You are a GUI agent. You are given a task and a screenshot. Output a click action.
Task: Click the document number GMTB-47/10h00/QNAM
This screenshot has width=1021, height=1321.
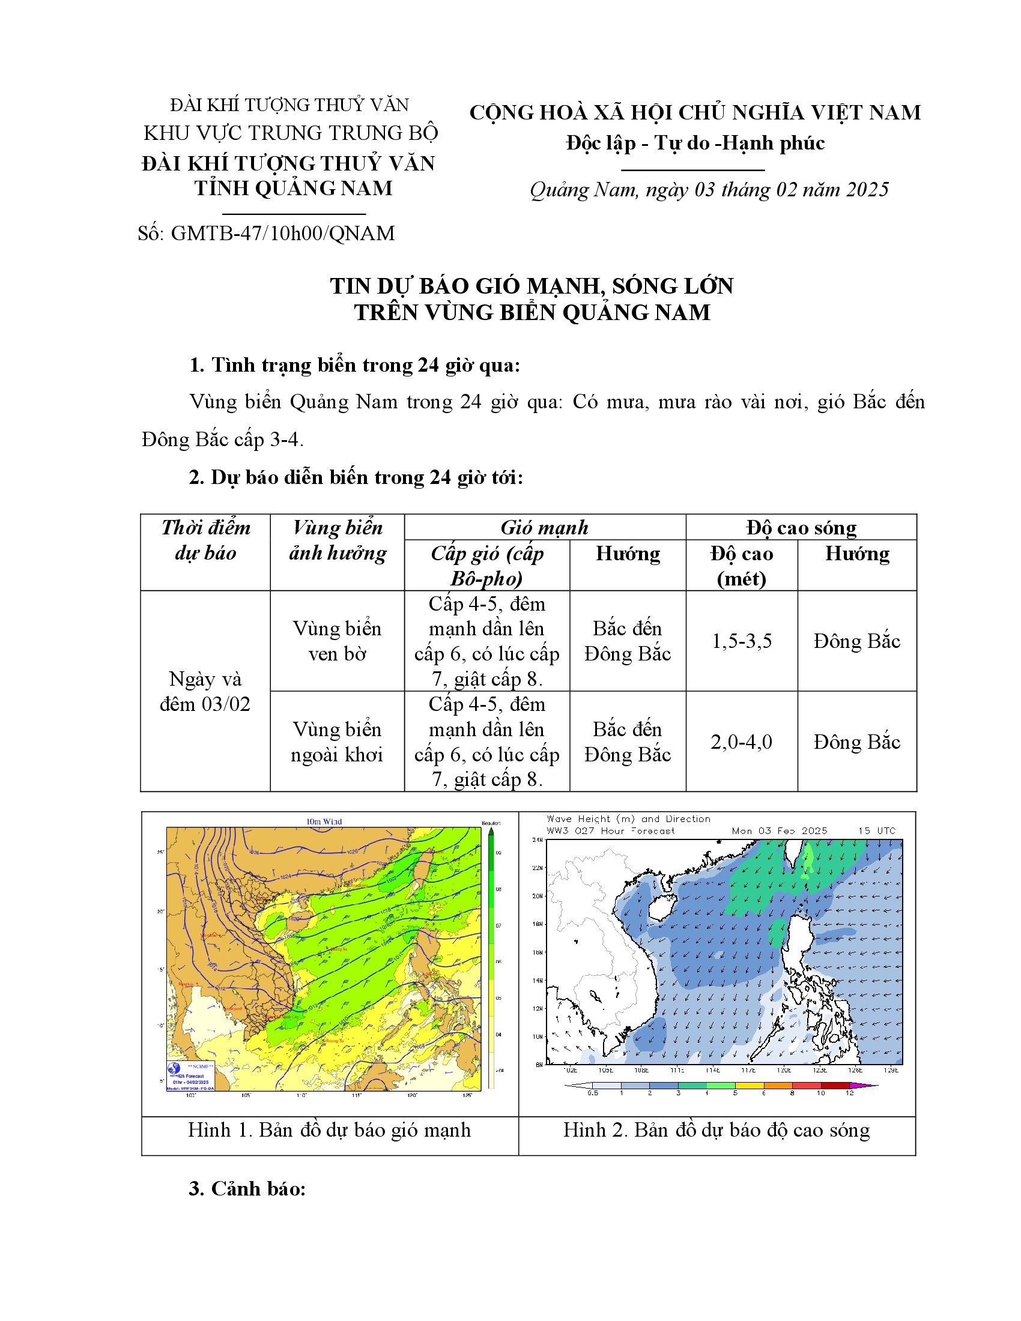282,233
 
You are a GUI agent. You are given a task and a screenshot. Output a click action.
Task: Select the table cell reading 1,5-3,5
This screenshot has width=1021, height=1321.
741,641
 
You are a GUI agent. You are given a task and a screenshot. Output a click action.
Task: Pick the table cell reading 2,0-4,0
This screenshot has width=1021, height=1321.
741,742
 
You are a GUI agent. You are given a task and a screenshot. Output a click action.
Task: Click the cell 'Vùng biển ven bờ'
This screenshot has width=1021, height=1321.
337,641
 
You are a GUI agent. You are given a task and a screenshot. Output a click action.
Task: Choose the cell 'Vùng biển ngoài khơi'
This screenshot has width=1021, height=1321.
337,742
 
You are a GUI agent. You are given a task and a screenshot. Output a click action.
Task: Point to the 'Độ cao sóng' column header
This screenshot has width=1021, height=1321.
801,527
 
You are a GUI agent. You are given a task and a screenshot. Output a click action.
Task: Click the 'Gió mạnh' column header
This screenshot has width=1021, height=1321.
544,527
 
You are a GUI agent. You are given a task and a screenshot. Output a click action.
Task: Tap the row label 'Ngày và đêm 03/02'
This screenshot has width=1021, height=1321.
205,691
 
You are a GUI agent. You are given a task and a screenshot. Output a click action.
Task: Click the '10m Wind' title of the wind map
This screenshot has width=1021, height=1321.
324,821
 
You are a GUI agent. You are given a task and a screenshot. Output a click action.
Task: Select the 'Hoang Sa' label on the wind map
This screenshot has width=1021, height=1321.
338,948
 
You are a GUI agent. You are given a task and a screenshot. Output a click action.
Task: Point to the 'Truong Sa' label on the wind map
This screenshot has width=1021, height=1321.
334,1041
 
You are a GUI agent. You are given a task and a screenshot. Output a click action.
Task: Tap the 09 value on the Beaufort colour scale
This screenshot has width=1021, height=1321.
498,852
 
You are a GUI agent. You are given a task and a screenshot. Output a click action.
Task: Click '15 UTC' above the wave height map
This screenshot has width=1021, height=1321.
876,831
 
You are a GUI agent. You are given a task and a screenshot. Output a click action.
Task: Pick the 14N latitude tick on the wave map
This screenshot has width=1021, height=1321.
537,981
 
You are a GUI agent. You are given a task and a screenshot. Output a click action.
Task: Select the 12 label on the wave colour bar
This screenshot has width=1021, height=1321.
849,1093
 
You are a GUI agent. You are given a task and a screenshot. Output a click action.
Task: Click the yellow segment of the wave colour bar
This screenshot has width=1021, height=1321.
750,1086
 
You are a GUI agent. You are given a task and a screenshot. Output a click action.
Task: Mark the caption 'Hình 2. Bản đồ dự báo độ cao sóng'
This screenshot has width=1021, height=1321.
717,1130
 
